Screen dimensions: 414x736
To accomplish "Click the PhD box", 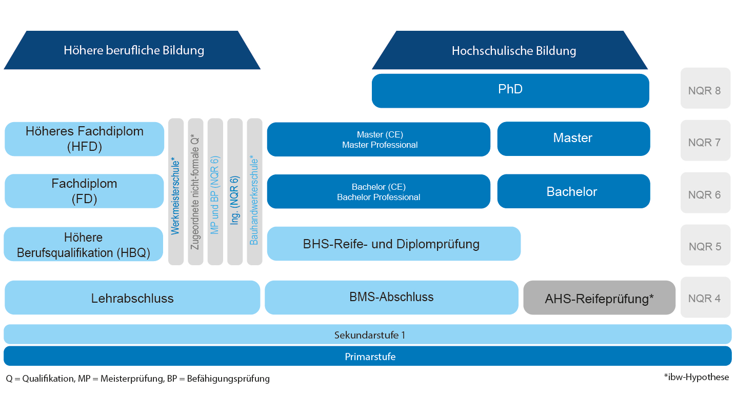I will pos(510,90).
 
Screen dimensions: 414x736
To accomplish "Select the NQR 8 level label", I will pos(705,90).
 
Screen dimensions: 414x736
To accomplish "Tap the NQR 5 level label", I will pos(705,246).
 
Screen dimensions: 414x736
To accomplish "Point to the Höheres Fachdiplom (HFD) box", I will pos(84,139).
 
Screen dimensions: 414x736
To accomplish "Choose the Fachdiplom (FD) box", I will pos(84,191).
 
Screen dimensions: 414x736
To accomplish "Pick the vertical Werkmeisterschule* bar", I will pos(176,192).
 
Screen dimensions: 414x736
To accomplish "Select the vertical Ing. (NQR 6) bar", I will pos(235,192).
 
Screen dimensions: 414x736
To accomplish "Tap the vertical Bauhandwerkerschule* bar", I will pos(254,192).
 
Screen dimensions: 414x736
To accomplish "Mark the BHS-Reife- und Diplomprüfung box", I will pos(393,244).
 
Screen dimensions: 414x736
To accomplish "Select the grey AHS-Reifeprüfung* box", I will pos(599,298).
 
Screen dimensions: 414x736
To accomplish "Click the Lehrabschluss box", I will pos(132,298).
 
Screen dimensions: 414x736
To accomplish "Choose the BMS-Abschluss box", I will pos(391,297).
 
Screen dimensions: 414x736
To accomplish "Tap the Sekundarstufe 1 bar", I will pos(367,334).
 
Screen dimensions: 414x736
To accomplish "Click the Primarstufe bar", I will pos(367,356).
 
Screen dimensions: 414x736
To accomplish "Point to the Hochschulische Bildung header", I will pos(513,51).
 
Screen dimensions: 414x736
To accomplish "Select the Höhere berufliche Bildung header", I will pos(133,50).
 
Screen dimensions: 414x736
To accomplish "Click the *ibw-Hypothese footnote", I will pos(695,377).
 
